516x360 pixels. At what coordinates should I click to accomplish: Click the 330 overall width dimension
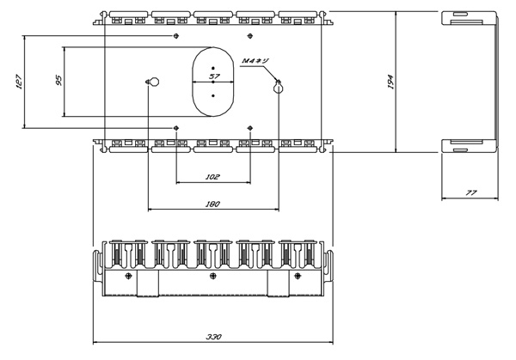(214, 337)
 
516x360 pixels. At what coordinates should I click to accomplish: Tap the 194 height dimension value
(390, 82)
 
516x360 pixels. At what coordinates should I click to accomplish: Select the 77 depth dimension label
(471, 192)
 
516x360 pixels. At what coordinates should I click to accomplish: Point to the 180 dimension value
(212, 204)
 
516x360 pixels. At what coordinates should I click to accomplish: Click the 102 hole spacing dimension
(212, 177)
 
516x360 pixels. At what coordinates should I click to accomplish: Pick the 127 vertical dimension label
(18, 82)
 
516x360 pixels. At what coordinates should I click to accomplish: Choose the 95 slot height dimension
(58, 81)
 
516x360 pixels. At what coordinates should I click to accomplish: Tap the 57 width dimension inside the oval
(214, 76)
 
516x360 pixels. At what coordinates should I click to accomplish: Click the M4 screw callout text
(255, 61)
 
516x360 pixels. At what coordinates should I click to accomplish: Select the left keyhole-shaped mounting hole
(153, 82)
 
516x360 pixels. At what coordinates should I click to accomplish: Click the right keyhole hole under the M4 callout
(279, 87)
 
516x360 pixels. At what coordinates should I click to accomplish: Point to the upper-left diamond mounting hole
(176, 35)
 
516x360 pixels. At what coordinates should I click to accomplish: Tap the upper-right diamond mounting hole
(250, 35)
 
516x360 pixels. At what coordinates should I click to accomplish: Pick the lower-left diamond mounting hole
(176, 128)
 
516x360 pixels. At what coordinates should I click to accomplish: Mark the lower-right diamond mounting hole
(250, 128)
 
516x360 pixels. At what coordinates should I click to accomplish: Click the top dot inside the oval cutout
(213, 68)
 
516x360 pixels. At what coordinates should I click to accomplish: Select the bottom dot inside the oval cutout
(213, 95)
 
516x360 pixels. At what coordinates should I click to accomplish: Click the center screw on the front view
(213, 276)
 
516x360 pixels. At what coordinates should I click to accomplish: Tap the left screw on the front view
(129, 276)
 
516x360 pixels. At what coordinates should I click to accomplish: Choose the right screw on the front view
(298, 276)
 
